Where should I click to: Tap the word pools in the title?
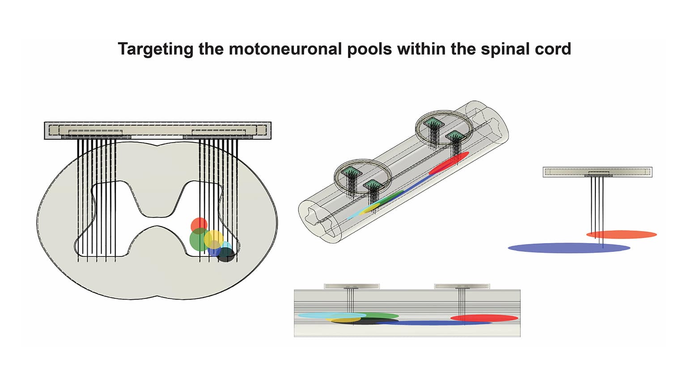[369, 49]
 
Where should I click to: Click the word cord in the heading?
[553, 49]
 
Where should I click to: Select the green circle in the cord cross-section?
[197, 240]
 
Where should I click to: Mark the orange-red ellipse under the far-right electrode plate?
[622, 234]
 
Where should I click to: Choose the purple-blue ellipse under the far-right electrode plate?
[568, 248]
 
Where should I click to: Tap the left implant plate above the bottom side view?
[352, 286]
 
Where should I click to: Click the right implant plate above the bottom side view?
[462, 286]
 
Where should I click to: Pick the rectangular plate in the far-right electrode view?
[597, 172]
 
